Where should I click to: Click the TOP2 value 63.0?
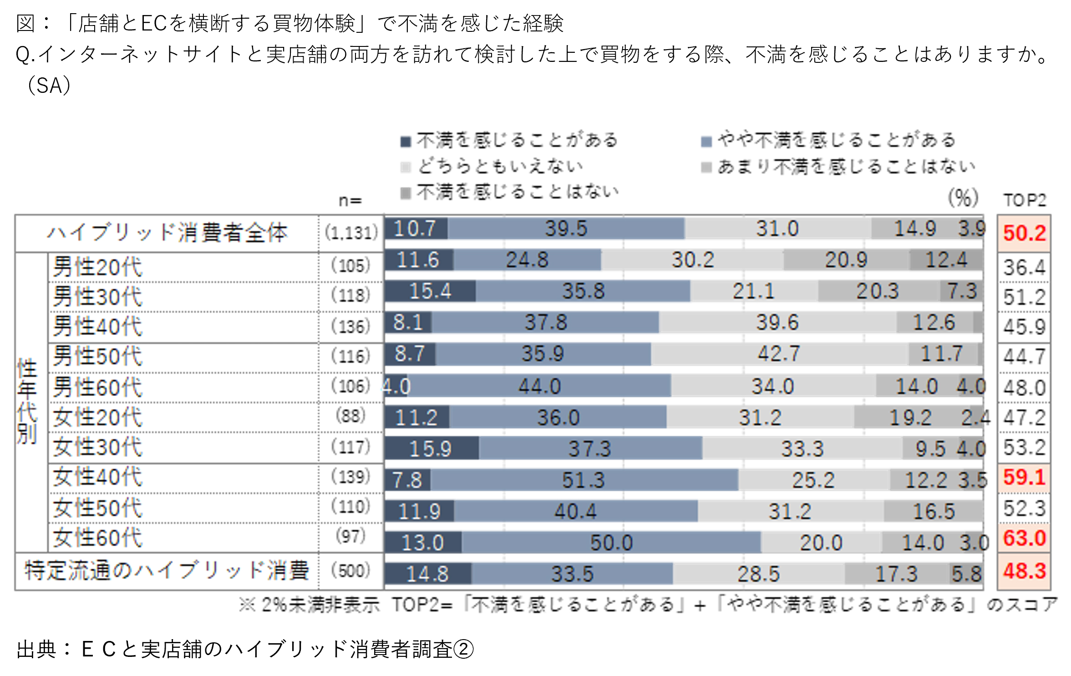click(x=1024, y=538)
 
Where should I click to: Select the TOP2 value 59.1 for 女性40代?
click(x=1024, y=477)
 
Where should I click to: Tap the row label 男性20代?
click(x=97, y=267)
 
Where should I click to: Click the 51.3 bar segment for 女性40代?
click(x=583, y=480)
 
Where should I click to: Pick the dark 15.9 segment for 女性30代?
click(x=431, y=448)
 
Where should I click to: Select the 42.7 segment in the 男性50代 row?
click(x=778, y=354)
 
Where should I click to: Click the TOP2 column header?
click(x=1025, y=200)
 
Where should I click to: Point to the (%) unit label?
click(x=963, y=198)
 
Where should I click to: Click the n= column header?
click(x=350, y=200)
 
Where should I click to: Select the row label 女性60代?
click(x=97, y=538)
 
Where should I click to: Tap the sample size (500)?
click(x=350, y=571)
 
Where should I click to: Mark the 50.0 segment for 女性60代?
click(x=611, y=542)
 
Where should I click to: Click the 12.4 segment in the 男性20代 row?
click(x=946, y=260)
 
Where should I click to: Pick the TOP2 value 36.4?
click(x=1024, y=267)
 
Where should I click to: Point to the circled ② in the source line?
click(x=464, y=649)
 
